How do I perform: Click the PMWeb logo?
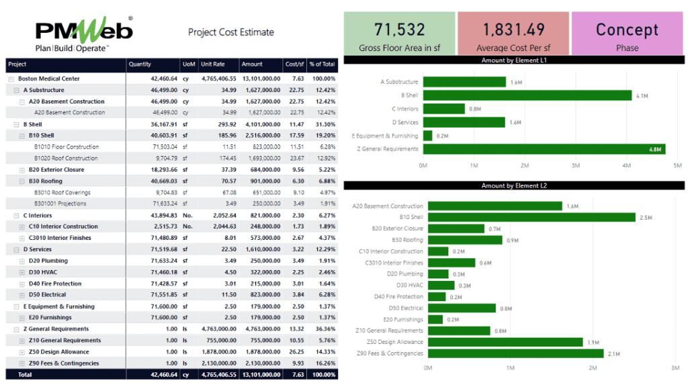coord(83,34)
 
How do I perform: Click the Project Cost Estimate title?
coord(230,32)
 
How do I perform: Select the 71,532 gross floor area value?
coord(400,30)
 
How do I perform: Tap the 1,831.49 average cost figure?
coord(513,30)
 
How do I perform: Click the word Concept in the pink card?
coord(627,30)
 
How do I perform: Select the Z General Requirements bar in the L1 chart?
coord(544,149)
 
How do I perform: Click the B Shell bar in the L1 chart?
coord(527,95)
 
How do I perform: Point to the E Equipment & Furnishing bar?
coord(427,136)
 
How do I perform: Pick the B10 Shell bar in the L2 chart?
coord(531,217)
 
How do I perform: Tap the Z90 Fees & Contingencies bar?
coord(515,353)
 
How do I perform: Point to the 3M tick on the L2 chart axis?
coord(675,368)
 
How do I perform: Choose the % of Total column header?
coord(322,65)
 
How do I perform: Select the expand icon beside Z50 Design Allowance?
coord(22,352)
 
